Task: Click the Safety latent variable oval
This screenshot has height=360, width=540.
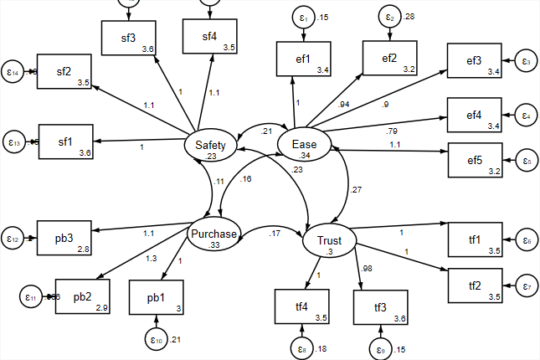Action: (x=211, y=147)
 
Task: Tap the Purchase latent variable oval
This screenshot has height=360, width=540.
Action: (x=214, y=237)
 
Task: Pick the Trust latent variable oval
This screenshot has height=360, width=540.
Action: (x=328, y=243)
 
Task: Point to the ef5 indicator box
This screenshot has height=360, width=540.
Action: (x=474, y=160)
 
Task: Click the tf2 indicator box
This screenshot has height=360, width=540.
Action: (x=475, y=286)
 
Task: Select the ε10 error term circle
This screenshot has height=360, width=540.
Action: (x=157, y=340)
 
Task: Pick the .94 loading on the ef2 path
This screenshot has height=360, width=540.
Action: (x=343, y=105)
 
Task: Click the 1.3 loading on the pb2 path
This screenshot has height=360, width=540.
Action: (x=151, y=259)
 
